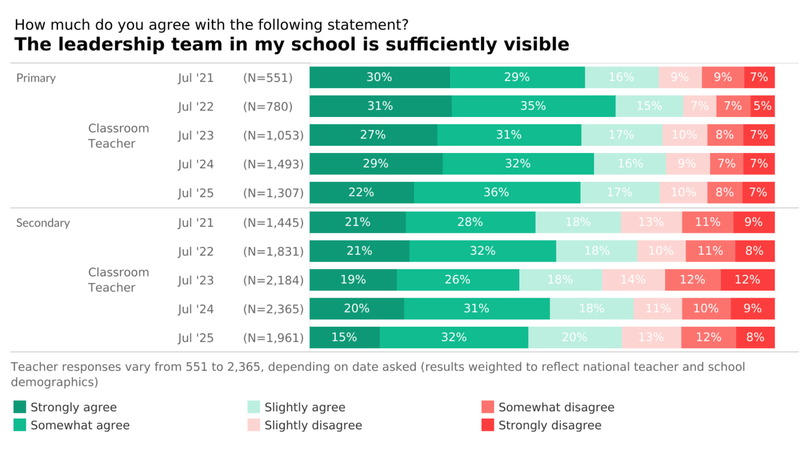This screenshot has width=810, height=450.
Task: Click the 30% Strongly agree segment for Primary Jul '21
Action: pyautogui.click(x=379, y=78)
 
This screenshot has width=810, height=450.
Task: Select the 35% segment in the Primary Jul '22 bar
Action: pyautogui.click(x=533, y=106)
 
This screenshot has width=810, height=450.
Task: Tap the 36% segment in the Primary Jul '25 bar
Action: pyautogui.click(x=497, y=192)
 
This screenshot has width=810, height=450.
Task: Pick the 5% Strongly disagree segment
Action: pyautogui.click(x=762, y=106)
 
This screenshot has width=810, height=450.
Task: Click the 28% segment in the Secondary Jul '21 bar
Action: pyautogui.click(x=470, y=222)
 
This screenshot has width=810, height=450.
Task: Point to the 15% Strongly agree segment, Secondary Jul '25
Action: pyautogui.click(x=344, y=337)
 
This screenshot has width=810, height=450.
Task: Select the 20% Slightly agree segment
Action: pyautogui.click(x=574, y=337)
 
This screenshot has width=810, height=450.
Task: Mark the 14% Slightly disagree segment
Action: pyautogui.click(x=633, y=280)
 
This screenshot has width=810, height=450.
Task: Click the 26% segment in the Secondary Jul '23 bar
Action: pyautogui.click(x=457, y=280)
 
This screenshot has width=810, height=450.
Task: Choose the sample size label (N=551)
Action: pyautogui.click(x=268, y=78)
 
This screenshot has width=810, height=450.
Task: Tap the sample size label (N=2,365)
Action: pyautogui.click(x=273, y=309)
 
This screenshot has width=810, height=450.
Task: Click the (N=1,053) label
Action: pyautogui.click(x=273, y=135)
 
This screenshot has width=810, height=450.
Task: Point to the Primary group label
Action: pyautogui.click(x=36, y=78)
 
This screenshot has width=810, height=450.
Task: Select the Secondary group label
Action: pyautogui.click(x=43, y=223)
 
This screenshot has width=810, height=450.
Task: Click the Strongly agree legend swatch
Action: pyautogui.click(x=20, y=407)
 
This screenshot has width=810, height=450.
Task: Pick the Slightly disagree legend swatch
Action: pyautogui.click(x=254, y=425)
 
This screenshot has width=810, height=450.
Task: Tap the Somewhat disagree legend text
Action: pyautogui.click(x=556, y=407)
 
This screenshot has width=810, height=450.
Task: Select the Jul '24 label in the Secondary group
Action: pyautogui.click(x=196, y=309)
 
